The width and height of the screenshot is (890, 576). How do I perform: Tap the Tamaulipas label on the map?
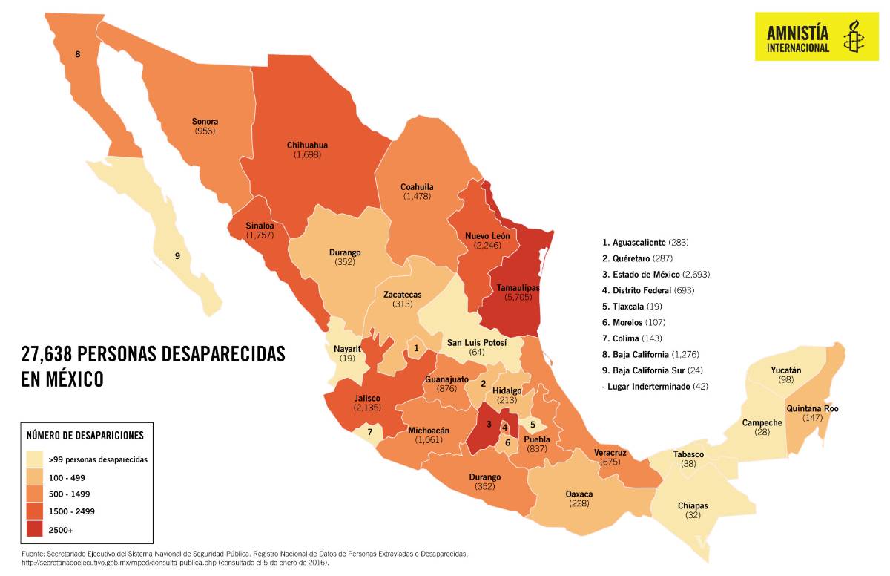tap(507, 287)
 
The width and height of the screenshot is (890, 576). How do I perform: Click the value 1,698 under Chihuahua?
tap(307, 154)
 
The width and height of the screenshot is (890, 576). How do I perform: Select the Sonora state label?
tap(205, 122)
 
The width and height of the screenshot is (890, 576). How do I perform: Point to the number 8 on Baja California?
tap(77, 53)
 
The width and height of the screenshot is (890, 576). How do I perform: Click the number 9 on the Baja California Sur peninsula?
tap(177, 256)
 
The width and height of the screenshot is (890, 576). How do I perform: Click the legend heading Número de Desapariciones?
tap(85, 436)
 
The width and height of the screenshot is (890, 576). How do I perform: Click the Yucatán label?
tap(785, 370)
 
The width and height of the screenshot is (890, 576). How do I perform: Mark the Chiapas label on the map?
tap(692, 505)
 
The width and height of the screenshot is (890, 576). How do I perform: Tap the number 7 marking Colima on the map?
tap(369, 431)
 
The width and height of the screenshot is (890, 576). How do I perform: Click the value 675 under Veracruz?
tap(610, 462)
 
